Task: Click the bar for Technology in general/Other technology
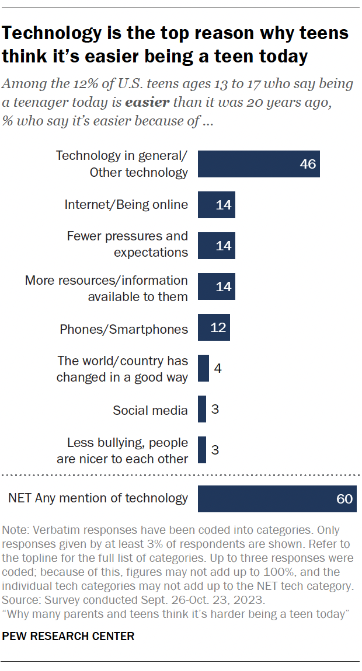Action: (x=259, y=164)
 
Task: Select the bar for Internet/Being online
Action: (x=216, y=204)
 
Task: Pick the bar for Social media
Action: (x=202, y=409)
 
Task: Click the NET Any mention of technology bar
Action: (x=277, y=498)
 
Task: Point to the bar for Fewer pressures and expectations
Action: (x=216, y=245)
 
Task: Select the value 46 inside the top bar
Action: (x=307, y=164)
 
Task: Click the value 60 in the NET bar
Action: (x=344, y=499)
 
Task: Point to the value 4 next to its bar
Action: (x=218, y=369)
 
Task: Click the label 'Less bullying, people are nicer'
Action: (x=122, y=450)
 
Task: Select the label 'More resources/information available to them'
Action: (x=106, y=288)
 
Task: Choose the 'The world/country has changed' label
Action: (x=122, y=369)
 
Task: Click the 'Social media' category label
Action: (x=150, y=410)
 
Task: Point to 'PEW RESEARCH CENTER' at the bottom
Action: (x=68, y=636)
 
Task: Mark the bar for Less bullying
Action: (x=202, y=450)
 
